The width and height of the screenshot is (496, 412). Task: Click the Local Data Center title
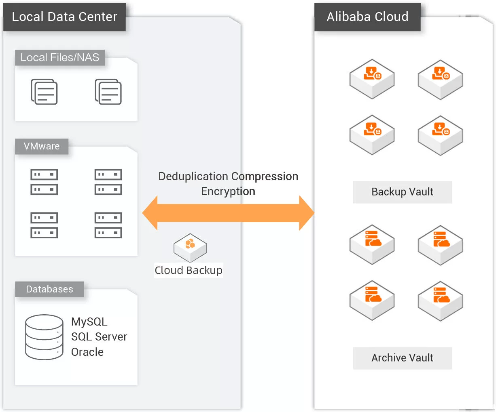point(64,17)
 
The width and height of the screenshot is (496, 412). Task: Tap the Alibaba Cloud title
point(367,17)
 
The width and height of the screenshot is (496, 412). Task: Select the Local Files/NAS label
point(60,58)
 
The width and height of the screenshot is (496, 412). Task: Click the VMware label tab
point(42,146)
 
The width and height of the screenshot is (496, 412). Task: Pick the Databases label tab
point(49,289)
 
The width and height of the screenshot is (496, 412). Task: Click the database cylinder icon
point(44,337)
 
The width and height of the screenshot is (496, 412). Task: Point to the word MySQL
point(89,322)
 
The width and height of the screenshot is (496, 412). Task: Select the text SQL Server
point(99,336)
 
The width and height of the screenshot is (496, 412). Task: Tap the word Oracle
point(87,352)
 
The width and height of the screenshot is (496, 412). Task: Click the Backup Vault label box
point(402,192)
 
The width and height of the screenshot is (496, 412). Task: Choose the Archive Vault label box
point(402,358)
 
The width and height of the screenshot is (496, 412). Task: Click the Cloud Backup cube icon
point(190,247)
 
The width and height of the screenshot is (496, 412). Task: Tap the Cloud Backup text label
point(189,270)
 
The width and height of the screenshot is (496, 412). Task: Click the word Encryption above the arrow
point(228,191)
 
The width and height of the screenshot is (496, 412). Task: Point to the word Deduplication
point(193,177)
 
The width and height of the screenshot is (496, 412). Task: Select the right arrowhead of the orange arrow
point(306,213)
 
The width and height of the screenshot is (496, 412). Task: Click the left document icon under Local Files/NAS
point(44,92)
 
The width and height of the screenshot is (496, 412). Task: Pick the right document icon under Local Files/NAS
point(108,92)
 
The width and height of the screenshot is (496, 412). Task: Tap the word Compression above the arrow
point(265,177)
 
